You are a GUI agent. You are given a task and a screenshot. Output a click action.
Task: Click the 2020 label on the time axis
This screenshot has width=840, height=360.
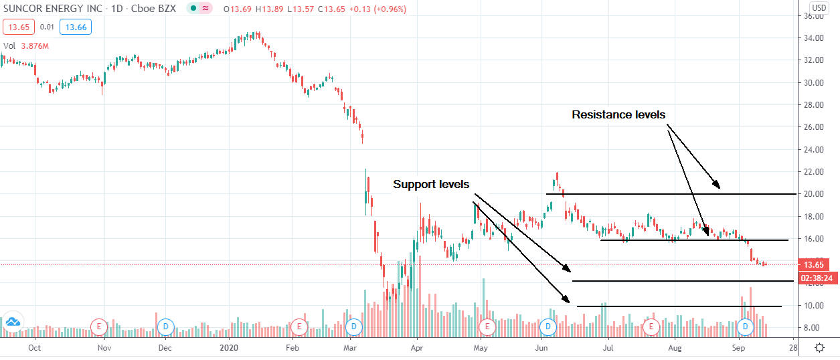pyautogui.click(x=229, y=348)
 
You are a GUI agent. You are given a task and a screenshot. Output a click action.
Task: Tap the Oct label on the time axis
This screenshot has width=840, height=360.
pyautogui.click(x=35, y=348)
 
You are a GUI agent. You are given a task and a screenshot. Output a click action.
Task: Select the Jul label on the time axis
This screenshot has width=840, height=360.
pyautogui.click(x=608, y=348)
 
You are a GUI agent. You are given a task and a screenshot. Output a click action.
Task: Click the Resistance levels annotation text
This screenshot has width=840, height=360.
pyautogui.click(x=618, y=115)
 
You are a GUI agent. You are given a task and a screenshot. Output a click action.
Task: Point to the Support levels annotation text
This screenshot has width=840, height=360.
pyautogui.click(x=431, y=184)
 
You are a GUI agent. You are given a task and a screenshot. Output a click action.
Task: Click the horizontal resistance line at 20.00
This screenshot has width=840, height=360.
pyautogui.click(x=669, y=194)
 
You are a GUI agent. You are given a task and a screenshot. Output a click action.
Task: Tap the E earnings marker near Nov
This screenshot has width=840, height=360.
pyautogui.click(x=99, y=327)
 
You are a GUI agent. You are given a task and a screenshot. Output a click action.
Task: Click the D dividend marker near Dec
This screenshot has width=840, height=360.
pyautogui.click(x=165, y=327)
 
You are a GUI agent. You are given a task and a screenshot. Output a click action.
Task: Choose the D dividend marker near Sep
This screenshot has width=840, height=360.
pyautogui.click(x=746, y=327)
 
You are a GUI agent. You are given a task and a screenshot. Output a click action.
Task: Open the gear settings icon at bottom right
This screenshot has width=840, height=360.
pyautogui.click(x=819, y=348)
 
